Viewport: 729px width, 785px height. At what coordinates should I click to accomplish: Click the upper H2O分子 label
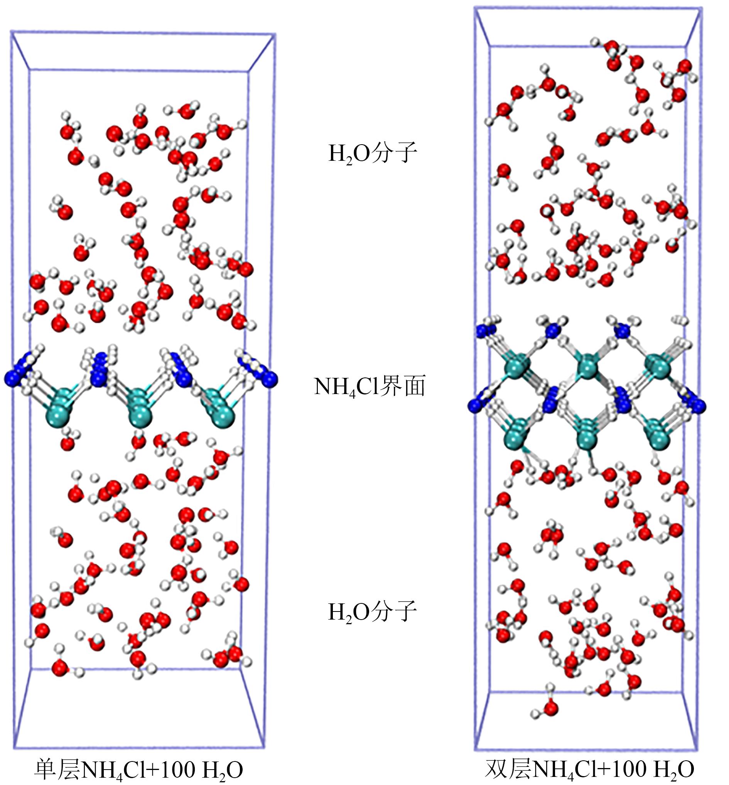click(373, 154)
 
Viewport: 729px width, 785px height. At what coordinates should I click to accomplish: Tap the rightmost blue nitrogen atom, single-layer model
click(270, 380)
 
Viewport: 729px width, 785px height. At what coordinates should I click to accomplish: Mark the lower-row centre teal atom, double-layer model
click(587, 436)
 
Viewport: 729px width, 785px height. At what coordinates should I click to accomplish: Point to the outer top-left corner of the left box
click(11, 30)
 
